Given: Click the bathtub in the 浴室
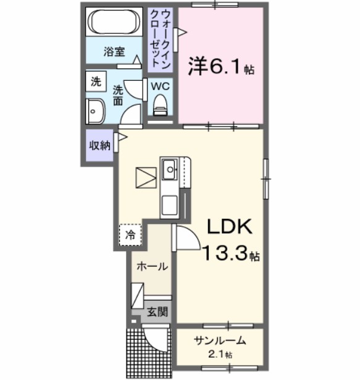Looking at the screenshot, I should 115,24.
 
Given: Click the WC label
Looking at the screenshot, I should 162,86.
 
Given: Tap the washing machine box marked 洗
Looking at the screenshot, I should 96,81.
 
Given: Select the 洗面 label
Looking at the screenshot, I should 118,93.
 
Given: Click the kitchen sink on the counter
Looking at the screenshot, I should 169,169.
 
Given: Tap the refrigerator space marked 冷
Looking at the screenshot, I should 130,234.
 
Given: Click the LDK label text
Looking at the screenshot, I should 229,227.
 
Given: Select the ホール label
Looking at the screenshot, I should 152,267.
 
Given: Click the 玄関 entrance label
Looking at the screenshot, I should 157,312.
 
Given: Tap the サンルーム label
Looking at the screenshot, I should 220,341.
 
